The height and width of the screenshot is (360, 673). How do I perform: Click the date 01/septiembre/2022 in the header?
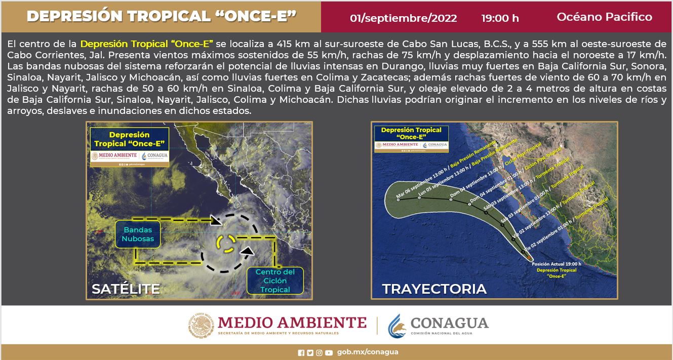403,18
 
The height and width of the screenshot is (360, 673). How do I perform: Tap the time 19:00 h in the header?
500,18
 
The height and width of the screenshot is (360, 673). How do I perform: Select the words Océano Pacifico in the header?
604,17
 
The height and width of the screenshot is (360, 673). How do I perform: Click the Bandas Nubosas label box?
137,234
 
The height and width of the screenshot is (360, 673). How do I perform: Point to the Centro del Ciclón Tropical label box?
275,281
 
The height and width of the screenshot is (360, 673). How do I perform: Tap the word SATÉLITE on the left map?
126,289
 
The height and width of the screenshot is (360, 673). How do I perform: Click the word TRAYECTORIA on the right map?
434,289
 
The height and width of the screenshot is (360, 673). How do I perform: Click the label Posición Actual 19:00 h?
556,264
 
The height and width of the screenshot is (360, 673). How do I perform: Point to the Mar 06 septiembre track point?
399,199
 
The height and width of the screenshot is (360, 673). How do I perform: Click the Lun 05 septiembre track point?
420,199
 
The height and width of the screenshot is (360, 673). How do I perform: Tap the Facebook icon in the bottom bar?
301,352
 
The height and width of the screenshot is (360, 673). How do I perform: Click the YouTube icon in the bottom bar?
329,352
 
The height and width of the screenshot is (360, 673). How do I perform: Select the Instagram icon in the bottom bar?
319,352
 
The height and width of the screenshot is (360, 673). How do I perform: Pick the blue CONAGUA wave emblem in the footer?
397,326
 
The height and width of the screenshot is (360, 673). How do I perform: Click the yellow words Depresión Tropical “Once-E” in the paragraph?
147,45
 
